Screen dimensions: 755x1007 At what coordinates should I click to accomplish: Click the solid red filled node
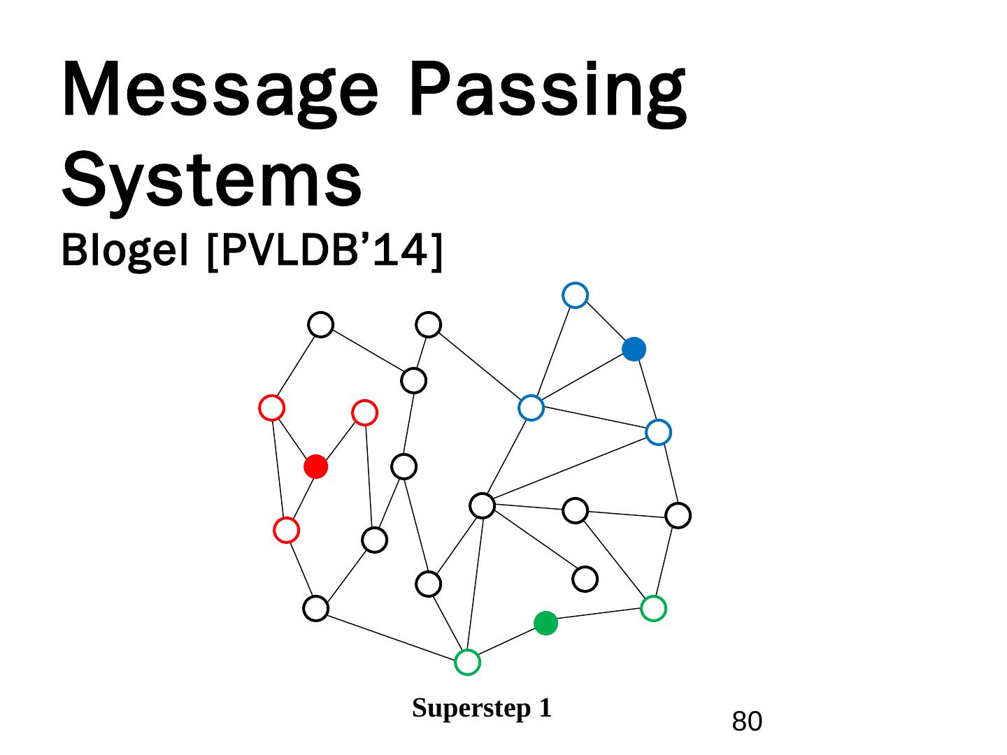pos(316,466)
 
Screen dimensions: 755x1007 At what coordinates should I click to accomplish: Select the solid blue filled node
pos(634,349)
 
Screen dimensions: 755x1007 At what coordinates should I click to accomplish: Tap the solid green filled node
pos(545,623)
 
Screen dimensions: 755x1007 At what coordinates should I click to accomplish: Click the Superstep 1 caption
pos(482,708)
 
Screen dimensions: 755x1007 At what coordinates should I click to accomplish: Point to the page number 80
pos(747,721)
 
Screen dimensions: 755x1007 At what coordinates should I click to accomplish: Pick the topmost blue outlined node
pos(575,295)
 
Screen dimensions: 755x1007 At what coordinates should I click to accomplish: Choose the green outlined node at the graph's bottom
pos(467,661)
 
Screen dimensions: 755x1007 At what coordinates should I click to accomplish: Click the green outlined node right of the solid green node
pos(653,608)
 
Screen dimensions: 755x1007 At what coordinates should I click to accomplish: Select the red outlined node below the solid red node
pos(286,531)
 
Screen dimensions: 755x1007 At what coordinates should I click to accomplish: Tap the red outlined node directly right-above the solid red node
pos(364,412)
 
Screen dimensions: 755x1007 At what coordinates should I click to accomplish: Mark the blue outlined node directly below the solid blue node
pos(658,433)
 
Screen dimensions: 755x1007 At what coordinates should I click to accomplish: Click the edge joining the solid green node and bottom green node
pos(506,642)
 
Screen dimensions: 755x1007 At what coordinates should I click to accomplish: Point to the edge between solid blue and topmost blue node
pos(604,322)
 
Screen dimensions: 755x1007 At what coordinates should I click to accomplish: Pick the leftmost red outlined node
pos(271,408)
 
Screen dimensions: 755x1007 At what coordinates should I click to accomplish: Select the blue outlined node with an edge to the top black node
pos(531,408)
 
